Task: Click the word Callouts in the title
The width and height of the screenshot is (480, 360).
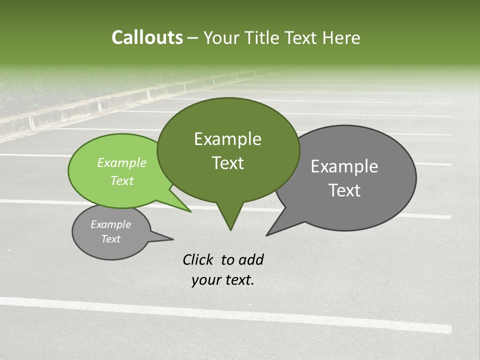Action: click(147, 37)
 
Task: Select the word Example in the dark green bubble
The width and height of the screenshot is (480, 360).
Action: click(227, 139)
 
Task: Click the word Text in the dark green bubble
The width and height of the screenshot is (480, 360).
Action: click(227, 163)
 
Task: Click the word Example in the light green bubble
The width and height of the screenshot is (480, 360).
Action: click(122, 162)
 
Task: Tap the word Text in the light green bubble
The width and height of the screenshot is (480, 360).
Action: click(122, 180)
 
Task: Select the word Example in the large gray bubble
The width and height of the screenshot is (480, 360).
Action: click(344, 166)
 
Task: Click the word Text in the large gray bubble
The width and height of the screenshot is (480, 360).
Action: click(344, 190)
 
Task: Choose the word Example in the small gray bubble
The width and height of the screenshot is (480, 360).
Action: click(110, 224)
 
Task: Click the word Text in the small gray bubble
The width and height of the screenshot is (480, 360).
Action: click(110, 239)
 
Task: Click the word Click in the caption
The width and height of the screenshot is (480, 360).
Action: click(198, 259)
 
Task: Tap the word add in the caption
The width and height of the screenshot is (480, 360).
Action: click(251, 259)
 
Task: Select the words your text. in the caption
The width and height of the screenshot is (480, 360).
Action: click(223, 280)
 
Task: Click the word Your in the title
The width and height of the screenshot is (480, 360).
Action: click(222, 37)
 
